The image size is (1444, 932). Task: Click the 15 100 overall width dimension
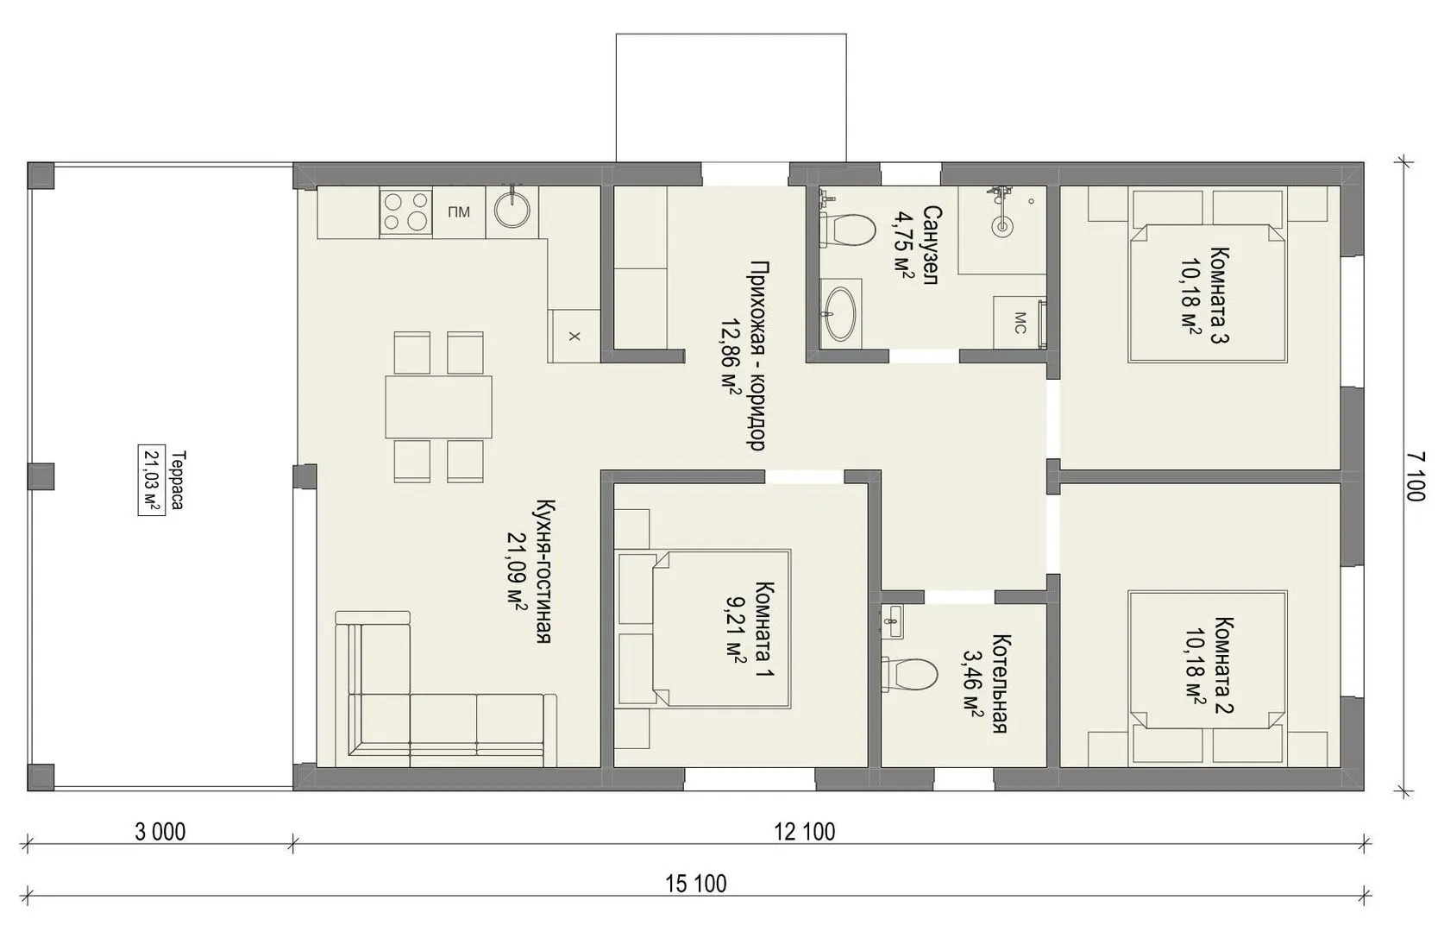695,883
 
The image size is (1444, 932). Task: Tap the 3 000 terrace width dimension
160,832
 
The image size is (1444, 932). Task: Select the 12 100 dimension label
805,832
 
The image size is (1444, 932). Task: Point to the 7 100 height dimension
1415,476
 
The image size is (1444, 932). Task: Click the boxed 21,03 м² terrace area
152,480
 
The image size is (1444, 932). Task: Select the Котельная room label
1000,683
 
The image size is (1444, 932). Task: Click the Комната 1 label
764,629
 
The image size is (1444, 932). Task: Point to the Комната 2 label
1223,665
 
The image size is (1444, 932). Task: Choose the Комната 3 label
1220,295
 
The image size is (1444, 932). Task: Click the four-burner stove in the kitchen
405,212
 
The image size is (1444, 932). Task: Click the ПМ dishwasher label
459,211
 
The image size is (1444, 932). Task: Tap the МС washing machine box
1020,323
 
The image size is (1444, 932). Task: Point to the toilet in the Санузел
848,230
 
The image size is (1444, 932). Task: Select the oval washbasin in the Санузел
841,314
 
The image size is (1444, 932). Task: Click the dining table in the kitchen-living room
438,407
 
